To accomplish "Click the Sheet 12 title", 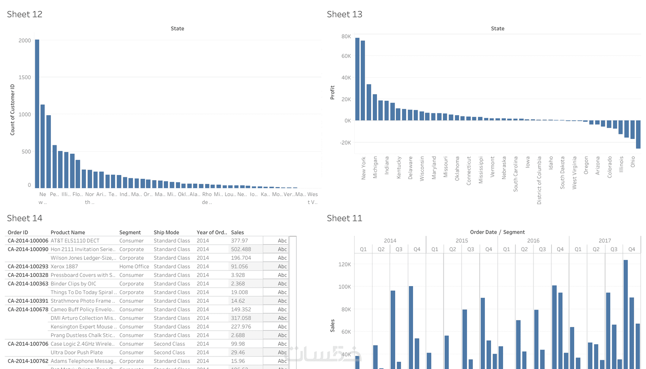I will tap(25, 14).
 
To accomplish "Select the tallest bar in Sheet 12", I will tap(37, 114).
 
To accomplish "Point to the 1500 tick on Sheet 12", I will tap(25, 77).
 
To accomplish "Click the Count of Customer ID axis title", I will tap(13, 110).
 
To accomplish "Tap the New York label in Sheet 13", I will tap(364, 168).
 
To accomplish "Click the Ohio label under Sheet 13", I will tap(633, 162).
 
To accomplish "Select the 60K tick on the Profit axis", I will tap(346, 56).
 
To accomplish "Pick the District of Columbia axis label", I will tap(539, 180).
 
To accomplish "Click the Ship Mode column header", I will tap(166, 232).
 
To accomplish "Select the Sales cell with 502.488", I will tap(241, 249).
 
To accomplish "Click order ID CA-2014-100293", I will tap(28, 266).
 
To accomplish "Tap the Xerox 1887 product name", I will tap(64, 266).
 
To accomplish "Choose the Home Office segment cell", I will tap(134, 266).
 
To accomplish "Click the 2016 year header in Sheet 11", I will tap(533, 240).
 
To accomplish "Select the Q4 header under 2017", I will tap(632, 249).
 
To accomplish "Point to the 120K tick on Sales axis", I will tap(344, 264).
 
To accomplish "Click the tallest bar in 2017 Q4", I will tap(625, 314).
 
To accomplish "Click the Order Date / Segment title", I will tap(497, 232).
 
